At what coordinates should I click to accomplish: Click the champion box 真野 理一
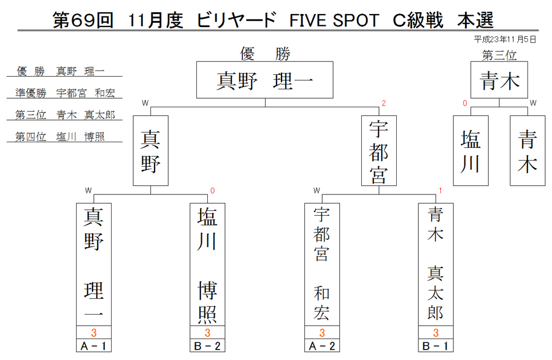coord(265,80)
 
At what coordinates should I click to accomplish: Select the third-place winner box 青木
coord(499,80)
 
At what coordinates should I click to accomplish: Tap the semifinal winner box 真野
coord(151,151)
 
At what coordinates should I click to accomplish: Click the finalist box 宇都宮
coord(379,151)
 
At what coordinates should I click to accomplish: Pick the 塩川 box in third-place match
coord(470,151)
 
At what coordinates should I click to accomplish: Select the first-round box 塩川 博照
coord(207,264)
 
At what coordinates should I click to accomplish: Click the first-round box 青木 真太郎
coord(436,264)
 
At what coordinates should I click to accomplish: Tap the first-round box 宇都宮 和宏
coord(322,264)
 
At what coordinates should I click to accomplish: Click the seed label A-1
coord(94,346)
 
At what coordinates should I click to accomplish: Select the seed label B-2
coord(207,346)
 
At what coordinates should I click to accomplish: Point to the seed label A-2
coord(322,346)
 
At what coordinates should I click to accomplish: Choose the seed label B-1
coord(436,346)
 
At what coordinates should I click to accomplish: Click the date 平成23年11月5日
coord(505,39)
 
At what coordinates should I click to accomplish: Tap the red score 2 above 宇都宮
coord(384,103)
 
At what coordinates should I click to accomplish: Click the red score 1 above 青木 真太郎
coord(440,190)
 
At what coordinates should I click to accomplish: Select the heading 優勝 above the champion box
coord(265,54)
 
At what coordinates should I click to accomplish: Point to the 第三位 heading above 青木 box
coord(499,55)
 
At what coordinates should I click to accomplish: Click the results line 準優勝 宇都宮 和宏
coord(65,93)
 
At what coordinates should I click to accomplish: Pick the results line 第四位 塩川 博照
coord(60,137)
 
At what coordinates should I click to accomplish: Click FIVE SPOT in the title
coord(334,20)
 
